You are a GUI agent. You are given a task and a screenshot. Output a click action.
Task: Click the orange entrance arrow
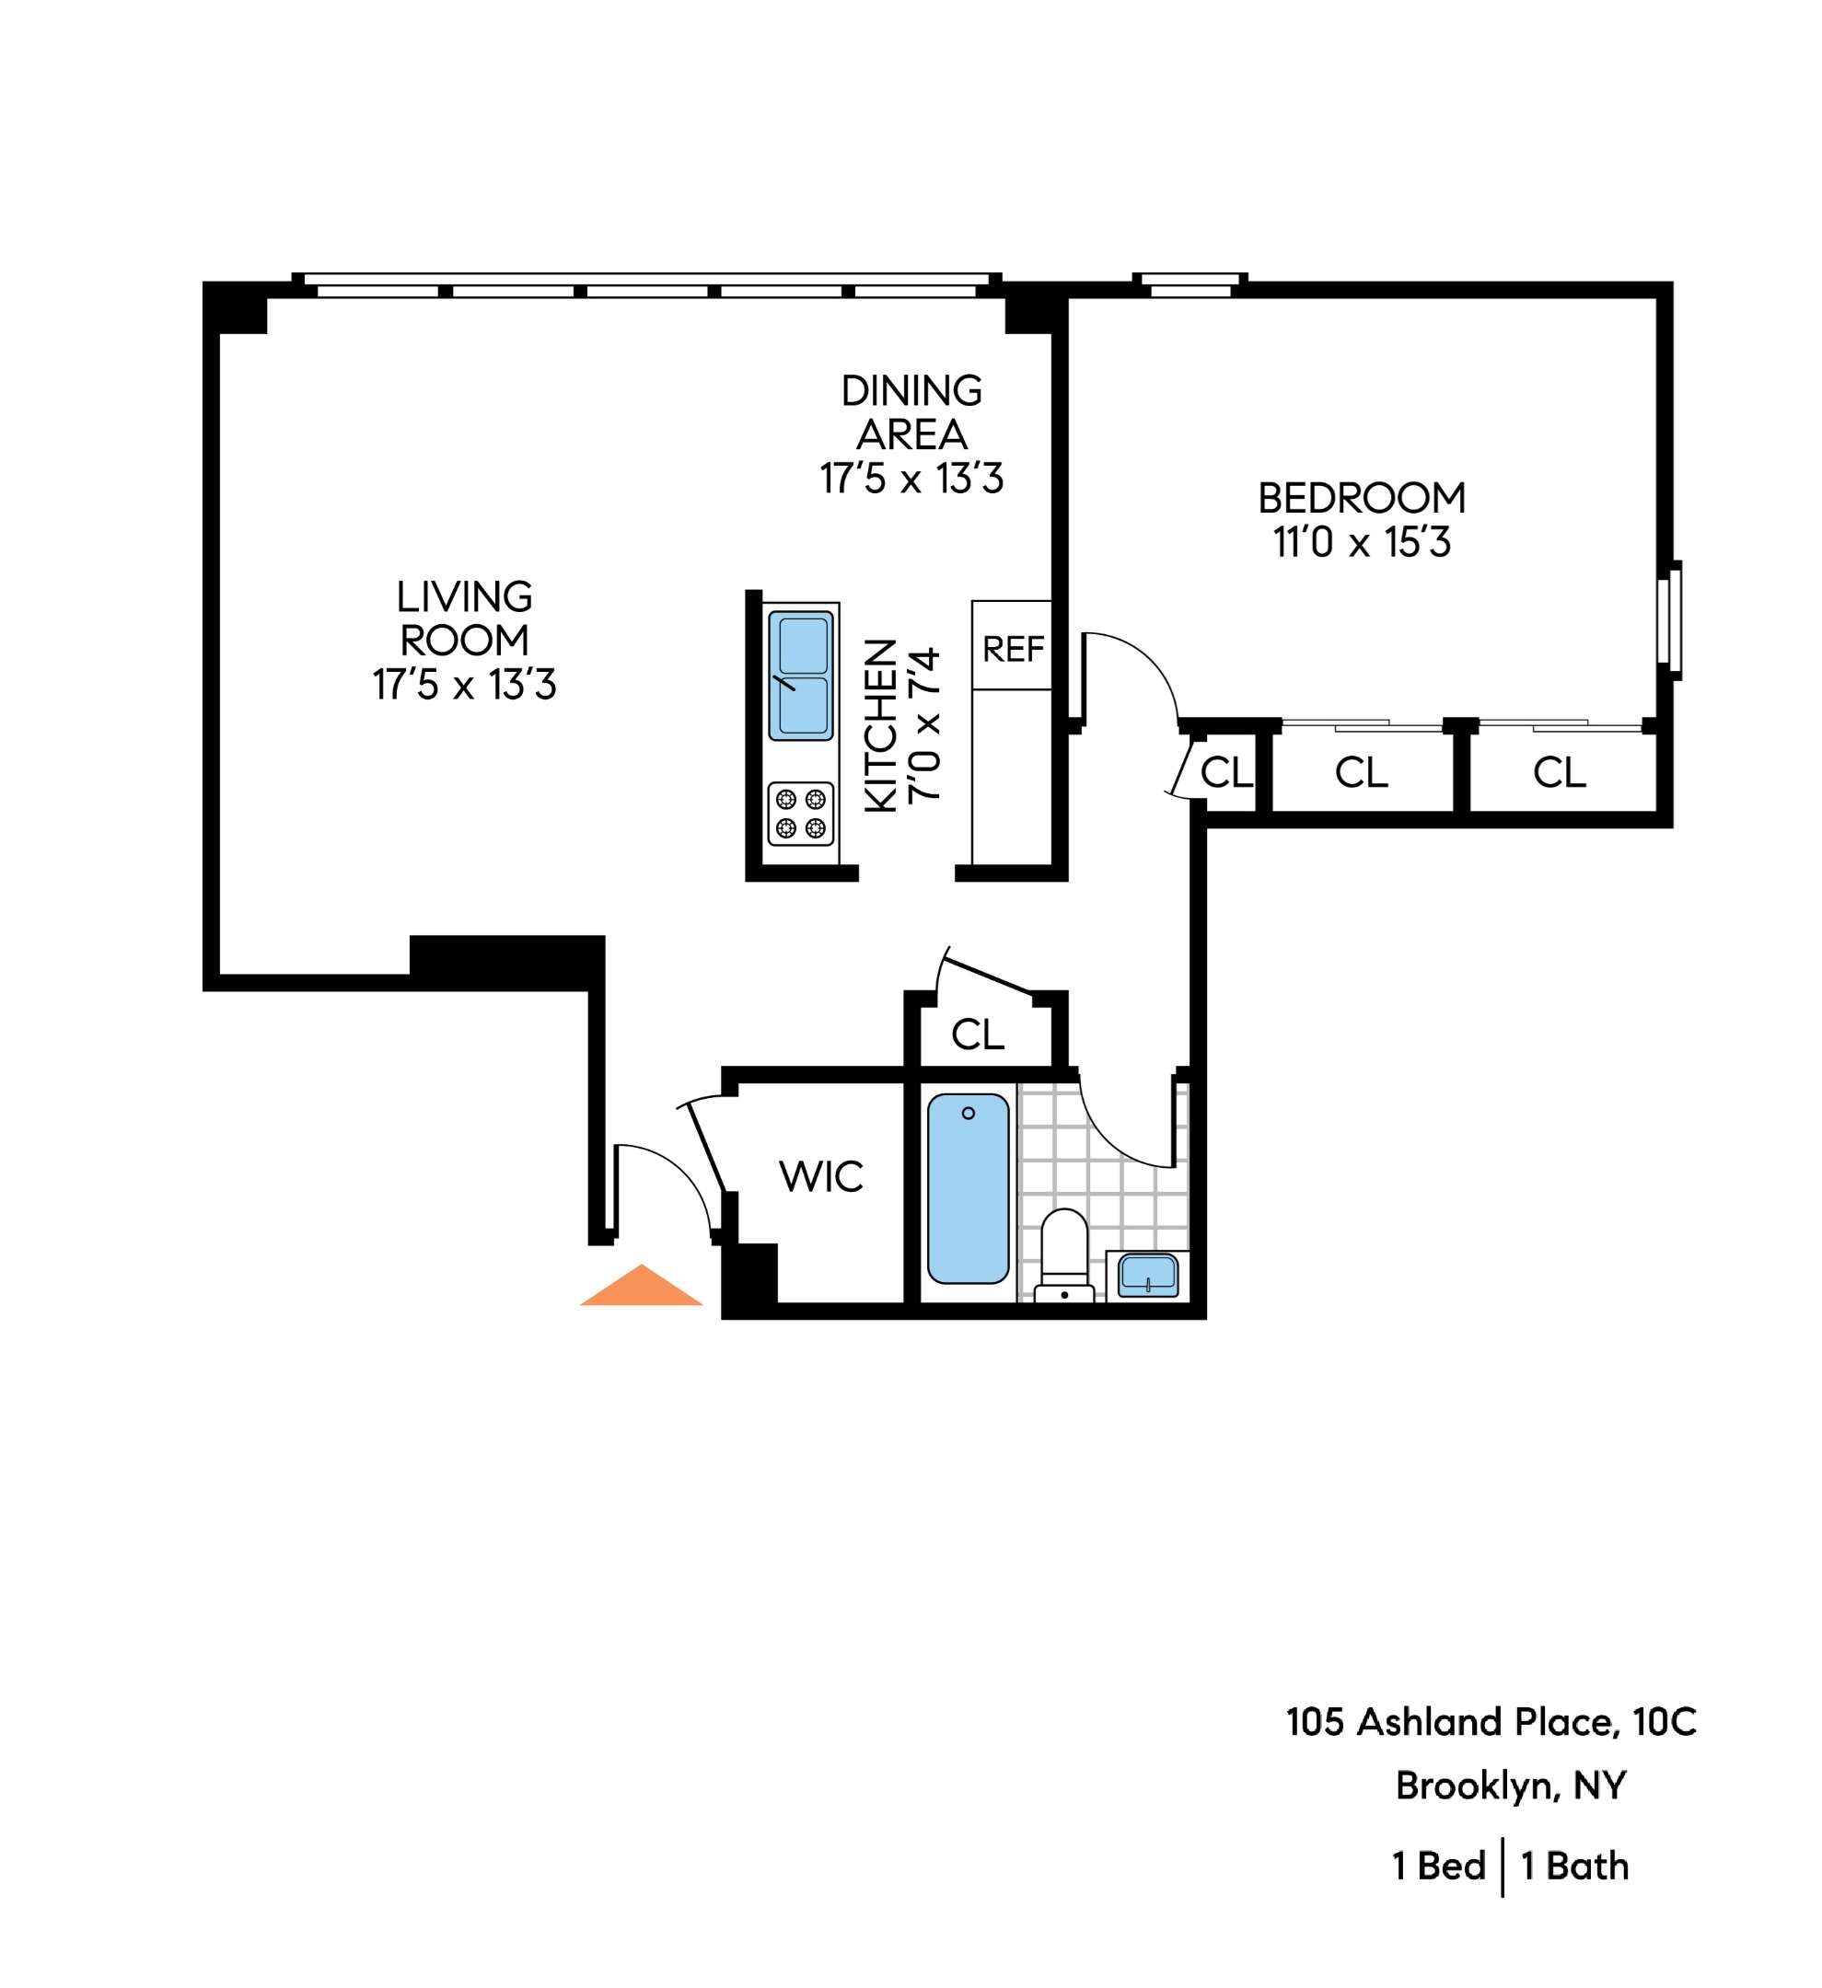point(641,1288)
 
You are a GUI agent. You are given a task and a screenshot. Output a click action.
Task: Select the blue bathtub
point(968,1189)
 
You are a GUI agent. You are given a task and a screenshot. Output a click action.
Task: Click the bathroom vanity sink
point(1147,1276)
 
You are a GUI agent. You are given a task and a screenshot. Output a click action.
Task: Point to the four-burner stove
point(800,814)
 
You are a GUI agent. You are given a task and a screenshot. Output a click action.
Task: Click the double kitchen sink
point(800,676)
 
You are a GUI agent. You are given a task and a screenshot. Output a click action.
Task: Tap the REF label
point(1012,650)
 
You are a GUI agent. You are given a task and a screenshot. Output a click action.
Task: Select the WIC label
point(820,1176)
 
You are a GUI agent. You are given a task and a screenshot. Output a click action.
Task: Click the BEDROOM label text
point(1362,498)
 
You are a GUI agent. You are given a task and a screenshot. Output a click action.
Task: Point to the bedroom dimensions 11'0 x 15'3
point(1362,542)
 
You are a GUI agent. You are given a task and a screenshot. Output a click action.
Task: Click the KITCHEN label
point(880,726)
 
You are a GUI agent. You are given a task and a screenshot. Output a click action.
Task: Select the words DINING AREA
point(911,412)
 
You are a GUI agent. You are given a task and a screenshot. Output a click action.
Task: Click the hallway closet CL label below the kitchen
point(977,1034)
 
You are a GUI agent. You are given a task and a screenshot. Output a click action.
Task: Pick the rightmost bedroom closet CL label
point(1559,772)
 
